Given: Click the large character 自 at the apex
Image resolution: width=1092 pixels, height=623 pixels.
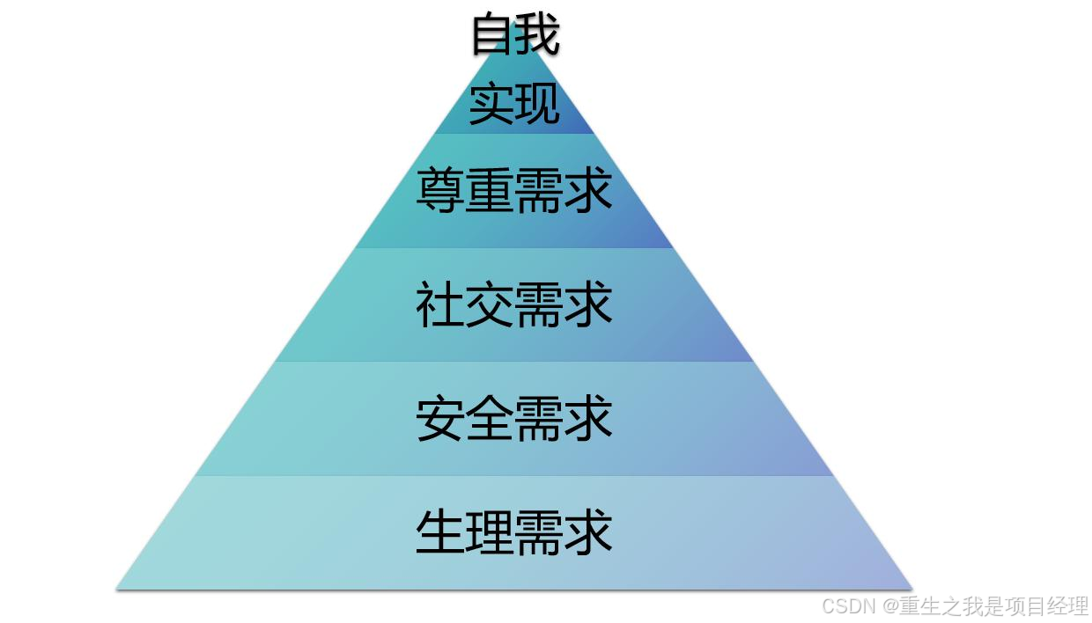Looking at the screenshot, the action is pos(492,35).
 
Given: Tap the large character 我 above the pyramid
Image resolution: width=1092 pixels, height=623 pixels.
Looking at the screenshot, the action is pos(538,35).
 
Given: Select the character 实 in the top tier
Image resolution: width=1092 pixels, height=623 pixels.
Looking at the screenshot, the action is pos(491,104).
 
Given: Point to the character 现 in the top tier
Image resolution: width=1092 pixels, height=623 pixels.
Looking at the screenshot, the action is pos(537,104).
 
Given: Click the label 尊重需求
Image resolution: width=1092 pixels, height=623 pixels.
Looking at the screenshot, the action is pos(514,190).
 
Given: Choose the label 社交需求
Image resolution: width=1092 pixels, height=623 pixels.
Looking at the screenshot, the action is pos(514,305).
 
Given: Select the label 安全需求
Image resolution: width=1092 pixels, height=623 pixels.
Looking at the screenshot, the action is pos(514,420).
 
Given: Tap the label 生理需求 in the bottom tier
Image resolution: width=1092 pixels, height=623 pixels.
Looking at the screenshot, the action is pos(514,533).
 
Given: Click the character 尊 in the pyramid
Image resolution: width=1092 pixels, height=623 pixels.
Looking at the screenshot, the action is pos(440,190).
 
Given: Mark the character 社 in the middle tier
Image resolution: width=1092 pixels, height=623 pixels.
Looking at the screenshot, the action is pos(440,305).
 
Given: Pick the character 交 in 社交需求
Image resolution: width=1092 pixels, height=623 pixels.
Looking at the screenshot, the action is pos(490,305).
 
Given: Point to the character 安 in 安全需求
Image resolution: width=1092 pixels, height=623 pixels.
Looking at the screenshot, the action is pos(440,420).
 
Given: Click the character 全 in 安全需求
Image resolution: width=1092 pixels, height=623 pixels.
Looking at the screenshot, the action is pos(490,420).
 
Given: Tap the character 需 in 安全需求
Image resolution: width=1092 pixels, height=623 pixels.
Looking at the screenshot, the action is pos(539,420).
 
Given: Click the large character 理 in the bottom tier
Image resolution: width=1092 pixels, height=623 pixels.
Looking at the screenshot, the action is pos(490,533).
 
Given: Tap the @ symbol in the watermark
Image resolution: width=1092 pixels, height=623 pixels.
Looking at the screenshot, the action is pos(889,606).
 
